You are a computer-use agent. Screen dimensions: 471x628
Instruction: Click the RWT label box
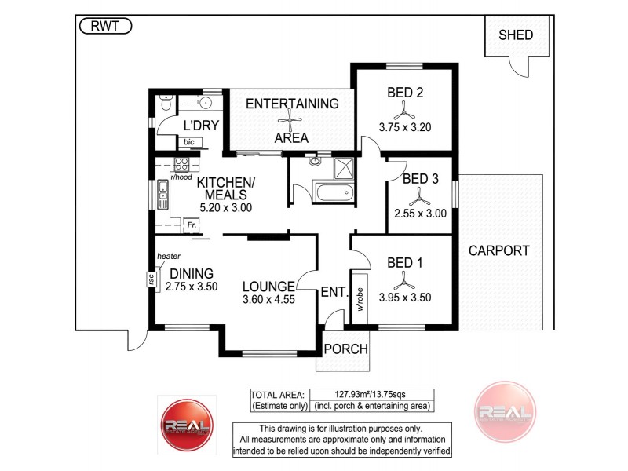[x=105, y=26]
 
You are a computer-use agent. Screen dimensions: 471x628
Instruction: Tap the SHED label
[x=515, y=35]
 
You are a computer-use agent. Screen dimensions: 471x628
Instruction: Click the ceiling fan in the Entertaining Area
[x=291, y=120]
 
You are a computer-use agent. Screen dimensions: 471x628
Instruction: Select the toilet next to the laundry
[x=166, y=104]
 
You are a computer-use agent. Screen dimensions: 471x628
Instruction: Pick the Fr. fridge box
[x=191, y=225]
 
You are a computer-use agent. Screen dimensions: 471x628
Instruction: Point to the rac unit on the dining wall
[x=149, y=279]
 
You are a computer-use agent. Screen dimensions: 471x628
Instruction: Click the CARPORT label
[x=498, y=251]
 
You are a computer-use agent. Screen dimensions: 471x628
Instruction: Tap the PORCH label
[x=346, y=349]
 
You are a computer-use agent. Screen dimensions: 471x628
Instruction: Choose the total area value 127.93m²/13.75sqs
[x=372, y=394]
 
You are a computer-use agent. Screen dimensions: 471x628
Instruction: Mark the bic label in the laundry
[x=189, y=142]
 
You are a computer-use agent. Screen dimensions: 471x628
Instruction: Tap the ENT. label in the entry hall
[x=334, y=293]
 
